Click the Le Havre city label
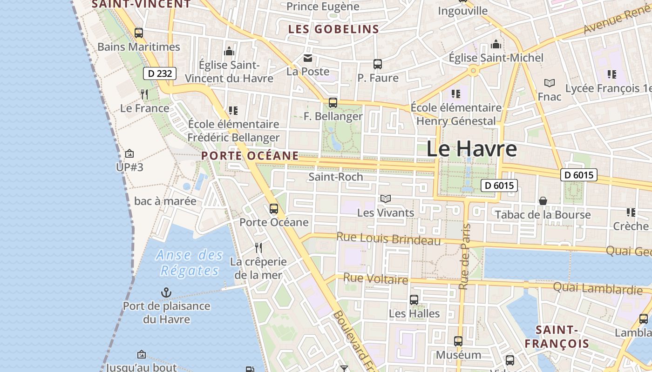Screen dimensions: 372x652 471,149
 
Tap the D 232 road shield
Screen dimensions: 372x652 160,73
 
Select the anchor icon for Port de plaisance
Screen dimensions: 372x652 166,292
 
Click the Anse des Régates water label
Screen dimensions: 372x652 190,263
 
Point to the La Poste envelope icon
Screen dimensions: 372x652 308,58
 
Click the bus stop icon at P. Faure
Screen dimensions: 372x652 378,64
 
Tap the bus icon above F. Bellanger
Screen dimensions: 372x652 333,103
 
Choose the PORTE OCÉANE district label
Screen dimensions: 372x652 250,156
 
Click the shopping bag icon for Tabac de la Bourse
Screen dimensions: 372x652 543,201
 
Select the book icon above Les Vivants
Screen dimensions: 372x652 385,199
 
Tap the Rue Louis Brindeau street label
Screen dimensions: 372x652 388,238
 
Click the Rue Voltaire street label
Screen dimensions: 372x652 375,279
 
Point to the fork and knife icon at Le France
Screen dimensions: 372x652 144,94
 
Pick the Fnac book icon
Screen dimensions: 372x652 550,83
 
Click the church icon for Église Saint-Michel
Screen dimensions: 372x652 496,45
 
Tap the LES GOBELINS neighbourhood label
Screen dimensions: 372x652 333,29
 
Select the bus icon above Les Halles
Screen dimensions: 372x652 414,300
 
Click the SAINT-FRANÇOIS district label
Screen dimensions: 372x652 557,337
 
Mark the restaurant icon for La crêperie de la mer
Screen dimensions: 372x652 258,247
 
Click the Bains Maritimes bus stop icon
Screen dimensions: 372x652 139,33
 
